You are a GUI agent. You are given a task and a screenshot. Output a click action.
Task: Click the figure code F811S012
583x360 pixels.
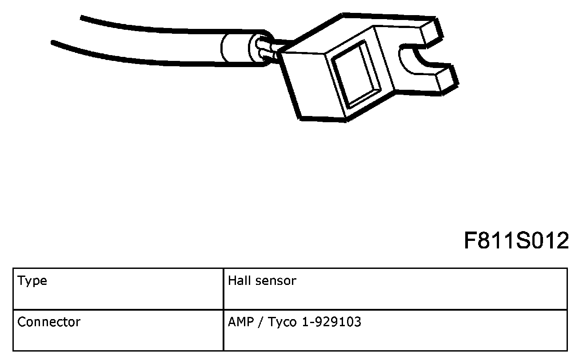click(516, 240)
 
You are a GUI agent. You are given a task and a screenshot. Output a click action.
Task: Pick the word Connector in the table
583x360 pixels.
click(49, 322)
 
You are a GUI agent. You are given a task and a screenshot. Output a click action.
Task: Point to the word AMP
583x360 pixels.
click(241, 322)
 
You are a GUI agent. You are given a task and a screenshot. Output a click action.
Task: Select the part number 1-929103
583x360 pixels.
click(331, 322)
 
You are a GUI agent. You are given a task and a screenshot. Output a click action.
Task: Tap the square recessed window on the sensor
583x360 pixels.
click(356, 74)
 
